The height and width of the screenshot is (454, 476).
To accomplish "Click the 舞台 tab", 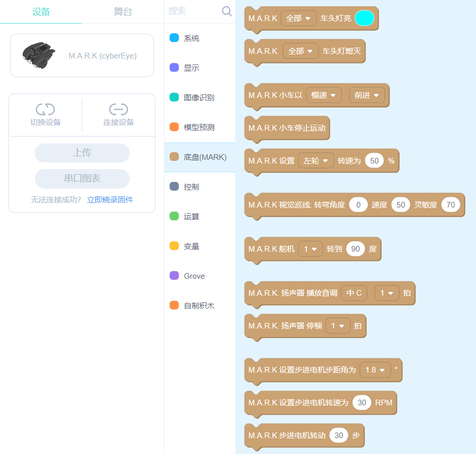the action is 122,12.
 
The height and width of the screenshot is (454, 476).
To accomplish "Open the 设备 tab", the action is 41,12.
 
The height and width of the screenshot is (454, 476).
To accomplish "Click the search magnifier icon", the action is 226,11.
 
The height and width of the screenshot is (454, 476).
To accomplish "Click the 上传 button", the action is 82,153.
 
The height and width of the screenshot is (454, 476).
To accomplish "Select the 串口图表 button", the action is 82,178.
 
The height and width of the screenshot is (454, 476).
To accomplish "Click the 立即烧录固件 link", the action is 110,200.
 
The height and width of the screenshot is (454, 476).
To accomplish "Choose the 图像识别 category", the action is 199,97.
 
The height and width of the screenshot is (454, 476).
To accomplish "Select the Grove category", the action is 194,276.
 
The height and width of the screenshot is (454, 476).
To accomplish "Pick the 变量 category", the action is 191,246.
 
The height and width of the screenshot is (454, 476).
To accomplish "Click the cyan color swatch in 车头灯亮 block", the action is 364,18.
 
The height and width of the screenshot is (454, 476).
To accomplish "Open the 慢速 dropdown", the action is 323,95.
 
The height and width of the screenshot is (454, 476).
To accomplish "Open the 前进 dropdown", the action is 367,95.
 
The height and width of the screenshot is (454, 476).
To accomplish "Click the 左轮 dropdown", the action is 316,160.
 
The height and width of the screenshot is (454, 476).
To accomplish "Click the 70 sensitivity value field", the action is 450,205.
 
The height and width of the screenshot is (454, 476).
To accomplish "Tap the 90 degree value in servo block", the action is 355,249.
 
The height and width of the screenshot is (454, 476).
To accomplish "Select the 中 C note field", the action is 354,293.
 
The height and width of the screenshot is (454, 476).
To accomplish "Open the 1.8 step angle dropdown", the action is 375,369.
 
